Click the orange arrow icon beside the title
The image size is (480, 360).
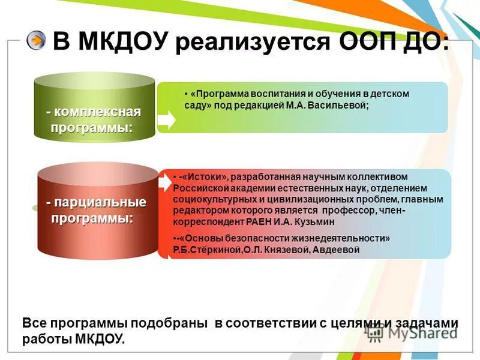coord(37,40)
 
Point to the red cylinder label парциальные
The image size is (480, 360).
coord(99,203)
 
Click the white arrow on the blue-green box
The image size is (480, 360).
coord(167,119)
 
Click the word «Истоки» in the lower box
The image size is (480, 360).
coord(204,177)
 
